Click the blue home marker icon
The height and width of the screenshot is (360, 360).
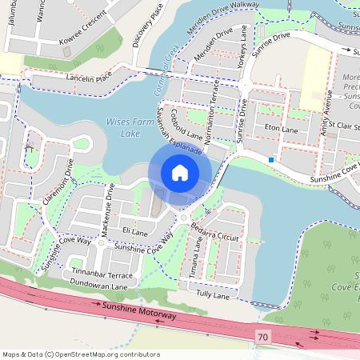180,172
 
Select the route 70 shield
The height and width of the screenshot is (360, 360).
264,337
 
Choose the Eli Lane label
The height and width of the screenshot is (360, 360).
134,232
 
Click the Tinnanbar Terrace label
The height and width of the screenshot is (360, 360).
102,274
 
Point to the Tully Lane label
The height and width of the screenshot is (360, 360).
213,296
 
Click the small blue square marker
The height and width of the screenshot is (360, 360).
272,160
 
